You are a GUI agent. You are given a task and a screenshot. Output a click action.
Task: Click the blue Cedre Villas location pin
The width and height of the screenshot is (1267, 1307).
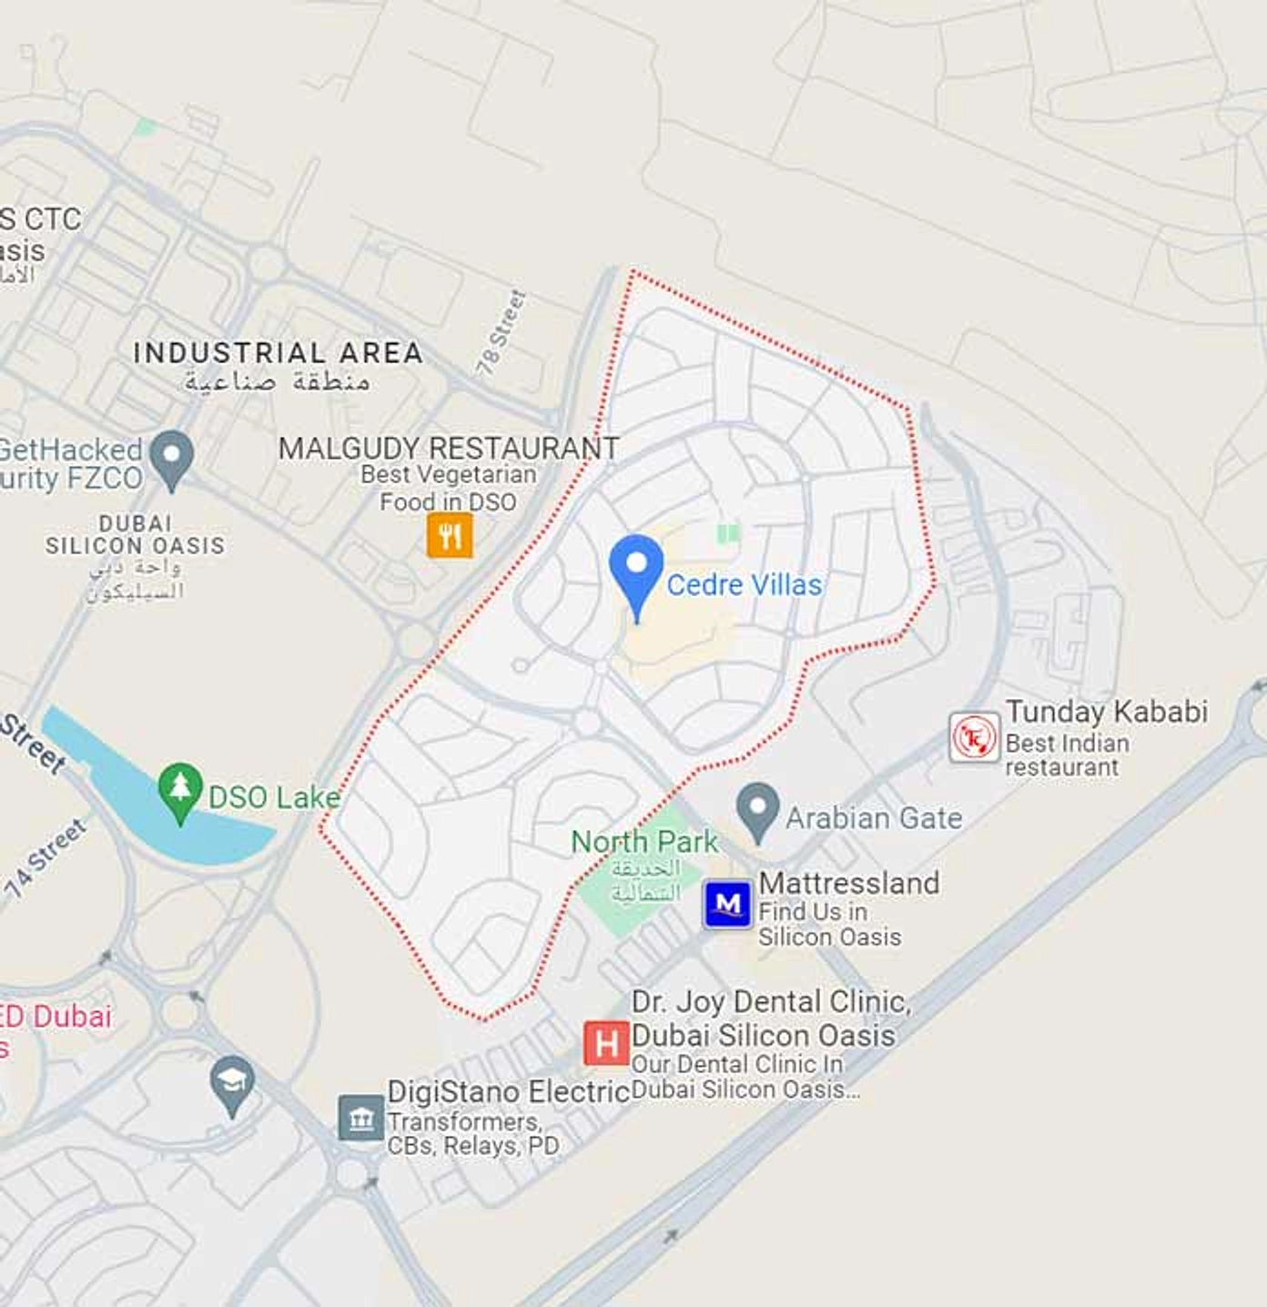(636, 570)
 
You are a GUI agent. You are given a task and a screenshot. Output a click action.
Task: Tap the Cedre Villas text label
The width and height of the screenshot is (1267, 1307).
(744, 584)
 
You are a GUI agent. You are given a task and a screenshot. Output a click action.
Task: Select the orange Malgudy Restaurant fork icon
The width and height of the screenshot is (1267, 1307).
(450, 535)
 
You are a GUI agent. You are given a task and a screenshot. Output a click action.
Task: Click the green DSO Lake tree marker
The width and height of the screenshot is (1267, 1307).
(180, 789)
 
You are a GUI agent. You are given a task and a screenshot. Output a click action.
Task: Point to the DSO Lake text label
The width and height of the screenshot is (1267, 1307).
(274, 797)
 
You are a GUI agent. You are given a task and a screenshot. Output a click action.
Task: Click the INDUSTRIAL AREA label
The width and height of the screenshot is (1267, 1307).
(278, 353)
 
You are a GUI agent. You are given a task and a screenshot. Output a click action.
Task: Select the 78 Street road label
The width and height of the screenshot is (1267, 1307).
(502, 333)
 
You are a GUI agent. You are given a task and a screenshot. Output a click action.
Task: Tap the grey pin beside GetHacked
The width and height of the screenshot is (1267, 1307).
(172, 457)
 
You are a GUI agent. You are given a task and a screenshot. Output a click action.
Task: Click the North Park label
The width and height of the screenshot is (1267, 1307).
(644, 842)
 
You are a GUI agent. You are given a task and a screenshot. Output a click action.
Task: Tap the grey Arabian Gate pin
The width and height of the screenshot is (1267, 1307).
(757, 809)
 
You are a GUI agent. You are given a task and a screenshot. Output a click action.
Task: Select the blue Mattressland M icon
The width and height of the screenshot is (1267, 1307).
(728, 904)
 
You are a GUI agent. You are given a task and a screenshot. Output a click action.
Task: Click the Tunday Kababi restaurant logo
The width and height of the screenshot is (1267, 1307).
(974, 737)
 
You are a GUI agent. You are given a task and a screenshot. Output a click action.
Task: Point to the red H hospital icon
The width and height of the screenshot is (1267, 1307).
(606, 1042)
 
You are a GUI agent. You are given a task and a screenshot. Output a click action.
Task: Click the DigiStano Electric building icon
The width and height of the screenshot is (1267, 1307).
(361, 1118)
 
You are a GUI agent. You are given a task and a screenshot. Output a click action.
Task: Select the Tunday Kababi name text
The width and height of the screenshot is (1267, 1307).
(1106, 711)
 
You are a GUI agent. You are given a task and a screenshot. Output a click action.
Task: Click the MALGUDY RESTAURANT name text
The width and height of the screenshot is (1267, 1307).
(449, 448)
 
